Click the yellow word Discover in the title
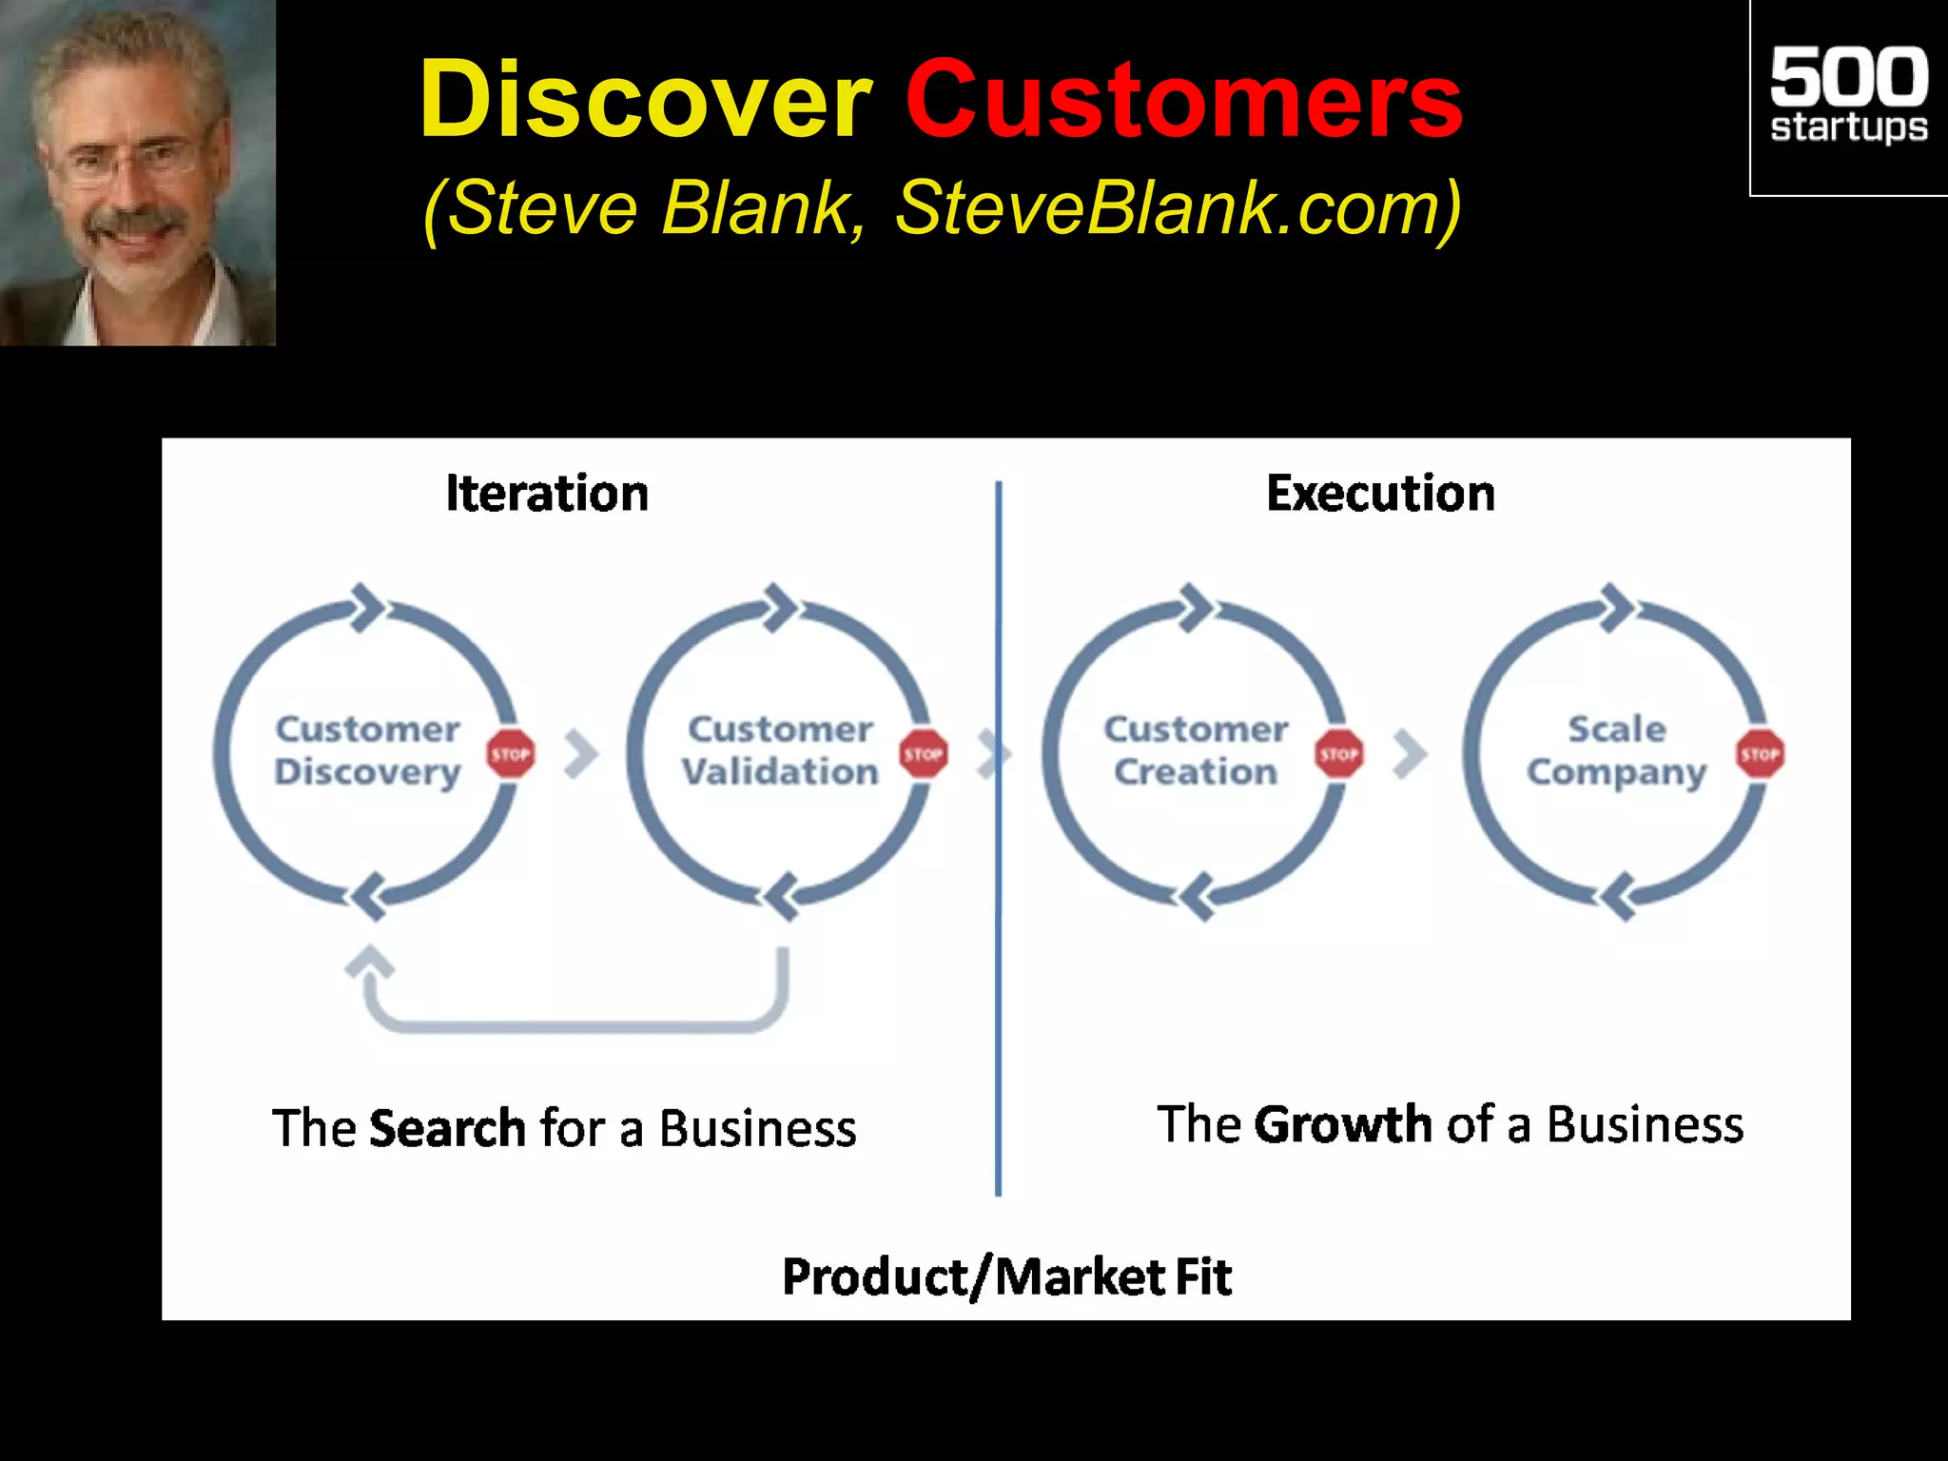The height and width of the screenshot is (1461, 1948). [x=645, y=100]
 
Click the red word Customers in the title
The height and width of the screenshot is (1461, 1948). [x=1182, y=100]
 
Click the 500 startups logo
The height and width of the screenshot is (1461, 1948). [x=1847, y=95]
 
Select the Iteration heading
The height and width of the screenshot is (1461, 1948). [x=547, y=494]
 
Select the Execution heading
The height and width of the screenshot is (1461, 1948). [x=1380, y=494]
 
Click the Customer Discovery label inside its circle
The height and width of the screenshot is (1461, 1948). [x=367, y=750]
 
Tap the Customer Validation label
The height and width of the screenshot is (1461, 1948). [x=779, y=750]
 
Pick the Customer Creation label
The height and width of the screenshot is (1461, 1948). [x=1196, y=750]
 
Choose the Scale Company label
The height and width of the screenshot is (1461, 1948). [x=1616, y=750]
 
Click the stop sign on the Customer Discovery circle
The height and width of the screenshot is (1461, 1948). [x=511, y=754]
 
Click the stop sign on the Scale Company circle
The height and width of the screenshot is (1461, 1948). [x=1760, y=754]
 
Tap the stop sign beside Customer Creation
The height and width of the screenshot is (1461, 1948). [x=1338, y=754]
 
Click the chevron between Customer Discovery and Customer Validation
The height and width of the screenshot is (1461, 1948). [x=581, y=754]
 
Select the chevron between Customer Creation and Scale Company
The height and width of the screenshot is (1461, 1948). [x=1410, y=754]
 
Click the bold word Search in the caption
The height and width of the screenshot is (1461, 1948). [x=447, y=1128]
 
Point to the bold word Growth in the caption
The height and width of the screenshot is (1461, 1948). [x=1342, y=1124]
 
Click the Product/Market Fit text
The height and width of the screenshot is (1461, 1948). [x=1006, y=1276]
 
